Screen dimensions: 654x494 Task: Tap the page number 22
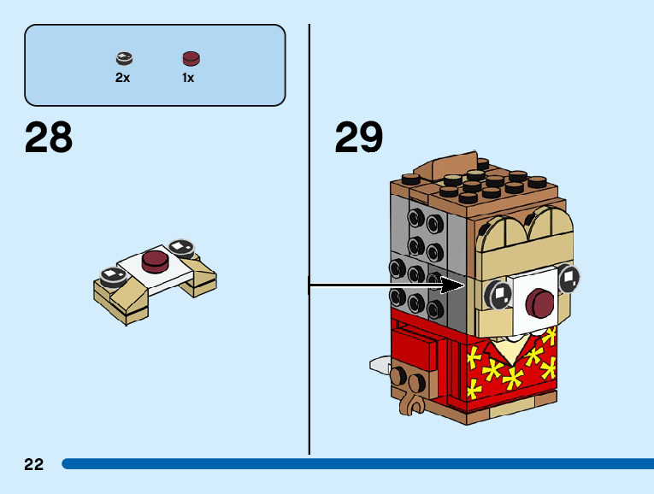tap(33, 464)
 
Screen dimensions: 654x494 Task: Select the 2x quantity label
tap(123, 78)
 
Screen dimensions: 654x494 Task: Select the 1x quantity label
tap(188, 78)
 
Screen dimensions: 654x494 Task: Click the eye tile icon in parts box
tap(124, 59)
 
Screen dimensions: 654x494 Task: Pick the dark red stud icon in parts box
tap(190, 59)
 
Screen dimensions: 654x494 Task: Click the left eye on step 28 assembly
tap(112, 275)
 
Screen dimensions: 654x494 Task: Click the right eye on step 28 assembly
tap(180, 247)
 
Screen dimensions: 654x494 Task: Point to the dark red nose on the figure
tap(540, 302)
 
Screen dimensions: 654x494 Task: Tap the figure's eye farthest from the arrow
tap(569, 276)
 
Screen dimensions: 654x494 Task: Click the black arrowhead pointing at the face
tap(454, 286)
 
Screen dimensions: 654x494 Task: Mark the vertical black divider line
tap(309, 239)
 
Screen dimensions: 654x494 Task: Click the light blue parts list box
tap(155, 64)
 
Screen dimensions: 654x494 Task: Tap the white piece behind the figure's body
tap(380, 366)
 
